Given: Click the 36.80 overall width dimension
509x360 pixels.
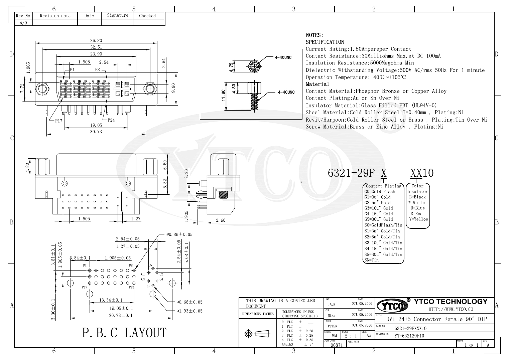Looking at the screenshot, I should pyautogui.click(x=96, y=41).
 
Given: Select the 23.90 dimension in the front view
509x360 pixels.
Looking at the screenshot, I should pyautogui.click(x=96, y=54).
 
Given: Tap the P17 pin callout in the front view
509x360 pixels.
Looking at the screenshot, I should pyautogui.click(x=58, y=121).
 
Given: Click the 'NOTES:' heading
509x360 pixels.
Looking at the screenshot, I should pyautogui.click(x=314, y=35).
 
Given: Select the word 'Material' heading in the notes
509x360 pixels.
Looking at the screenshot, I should pyautogui.click(x=317, y=84).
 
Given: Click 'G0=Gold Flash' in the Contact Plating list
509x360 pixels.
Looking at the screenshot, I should pyautogui.click(x=380, y=192).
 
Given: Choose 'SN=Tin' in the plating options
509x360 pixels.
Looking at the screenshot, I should pyautogui.click(x=372, y=260).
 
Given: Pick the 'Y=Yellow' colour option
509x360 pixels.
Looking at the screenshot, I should pyautogui.click(x=418, y=219).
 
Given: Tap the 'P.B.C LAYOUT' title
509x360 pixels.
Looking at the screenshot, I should pyautogui.click(x=124, y=333).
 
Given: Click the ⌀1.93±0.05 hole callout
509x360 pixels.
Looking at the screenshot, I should pyautogui.click(x=189, y=311).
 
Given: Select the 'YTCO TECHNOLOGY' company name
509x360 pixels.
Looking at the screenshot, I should pyautogui.click(x=451, y=302).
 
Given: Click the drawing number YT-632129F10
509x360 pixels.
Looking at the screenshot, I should pyautogui.click(x=409, y=336).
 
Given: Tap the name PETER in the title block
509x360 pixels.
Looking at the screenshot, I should pyautogui.click(x=332, y=326).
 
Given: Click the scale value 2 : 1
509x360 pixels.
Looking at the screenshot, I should pyautogui.click(x=351, y=336).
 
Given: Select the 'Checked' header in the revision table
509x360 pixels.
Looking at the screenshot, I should pyautogui.click(x=147, y=16).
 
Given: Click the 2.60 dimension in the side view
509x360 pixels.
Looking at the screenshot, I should pyautogui.click(x=221, y=220).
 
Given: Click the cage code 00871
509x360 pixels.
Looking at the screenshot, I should pyautogui.click(x=337, y=345).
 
